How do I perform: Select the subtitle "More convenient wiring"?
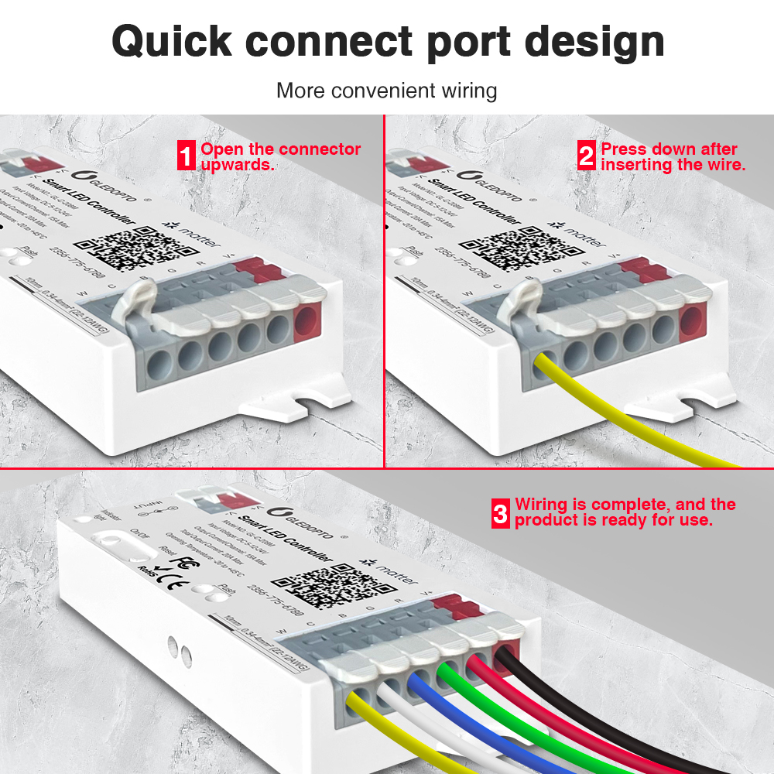point(386,91)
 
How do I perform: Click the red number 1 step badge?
point(186,156)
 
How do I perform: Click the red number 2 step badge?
point(587,156)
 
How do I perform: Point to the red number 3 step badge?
point(501,512)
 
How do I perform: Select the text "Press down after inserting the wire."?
point(673,156)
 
